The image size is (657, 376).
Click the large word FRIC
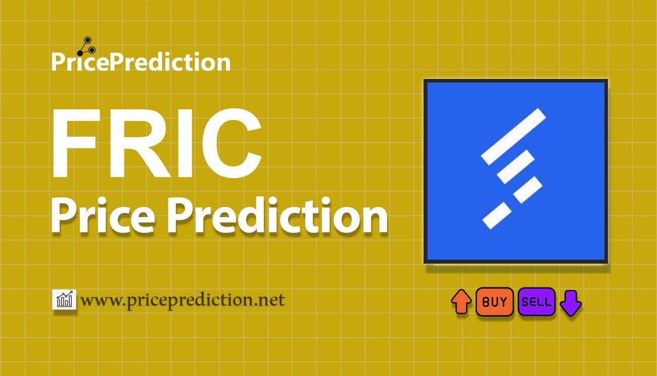[x=156, y=143]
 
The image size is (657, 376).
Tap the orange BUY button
[x=494, y=302]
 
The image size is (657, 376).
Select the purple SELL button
[x=536, y=302]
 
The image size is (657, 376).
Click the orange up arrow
[x=461, y=302]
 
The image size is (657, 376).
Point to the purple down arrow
[x=571, y=303]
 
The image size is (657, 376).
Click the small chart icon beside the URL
[x=64, y=299]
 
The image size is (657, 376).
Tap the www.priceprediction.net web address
[x=182, y=301]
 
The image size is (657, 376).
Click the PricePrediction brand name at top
[x=141, y=62]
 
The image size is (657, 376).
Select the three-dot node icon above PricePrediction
[x=86, y=47]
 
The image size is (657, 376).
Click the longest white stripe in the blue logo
[x=513, y=136]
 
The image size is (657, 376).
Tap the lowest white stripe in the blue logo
[x=497, y=215]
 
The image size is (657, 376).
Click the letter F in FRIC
[x=74, y=144]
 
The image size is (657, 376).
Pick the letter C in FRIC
[x=231, y=143]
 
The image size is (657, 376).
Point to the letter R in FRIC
[x=140, y=144]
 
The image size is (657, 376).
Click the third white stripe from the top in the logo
[x=528, y=190]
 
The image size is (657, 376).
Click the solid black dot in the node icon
[x=80, y=53]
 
